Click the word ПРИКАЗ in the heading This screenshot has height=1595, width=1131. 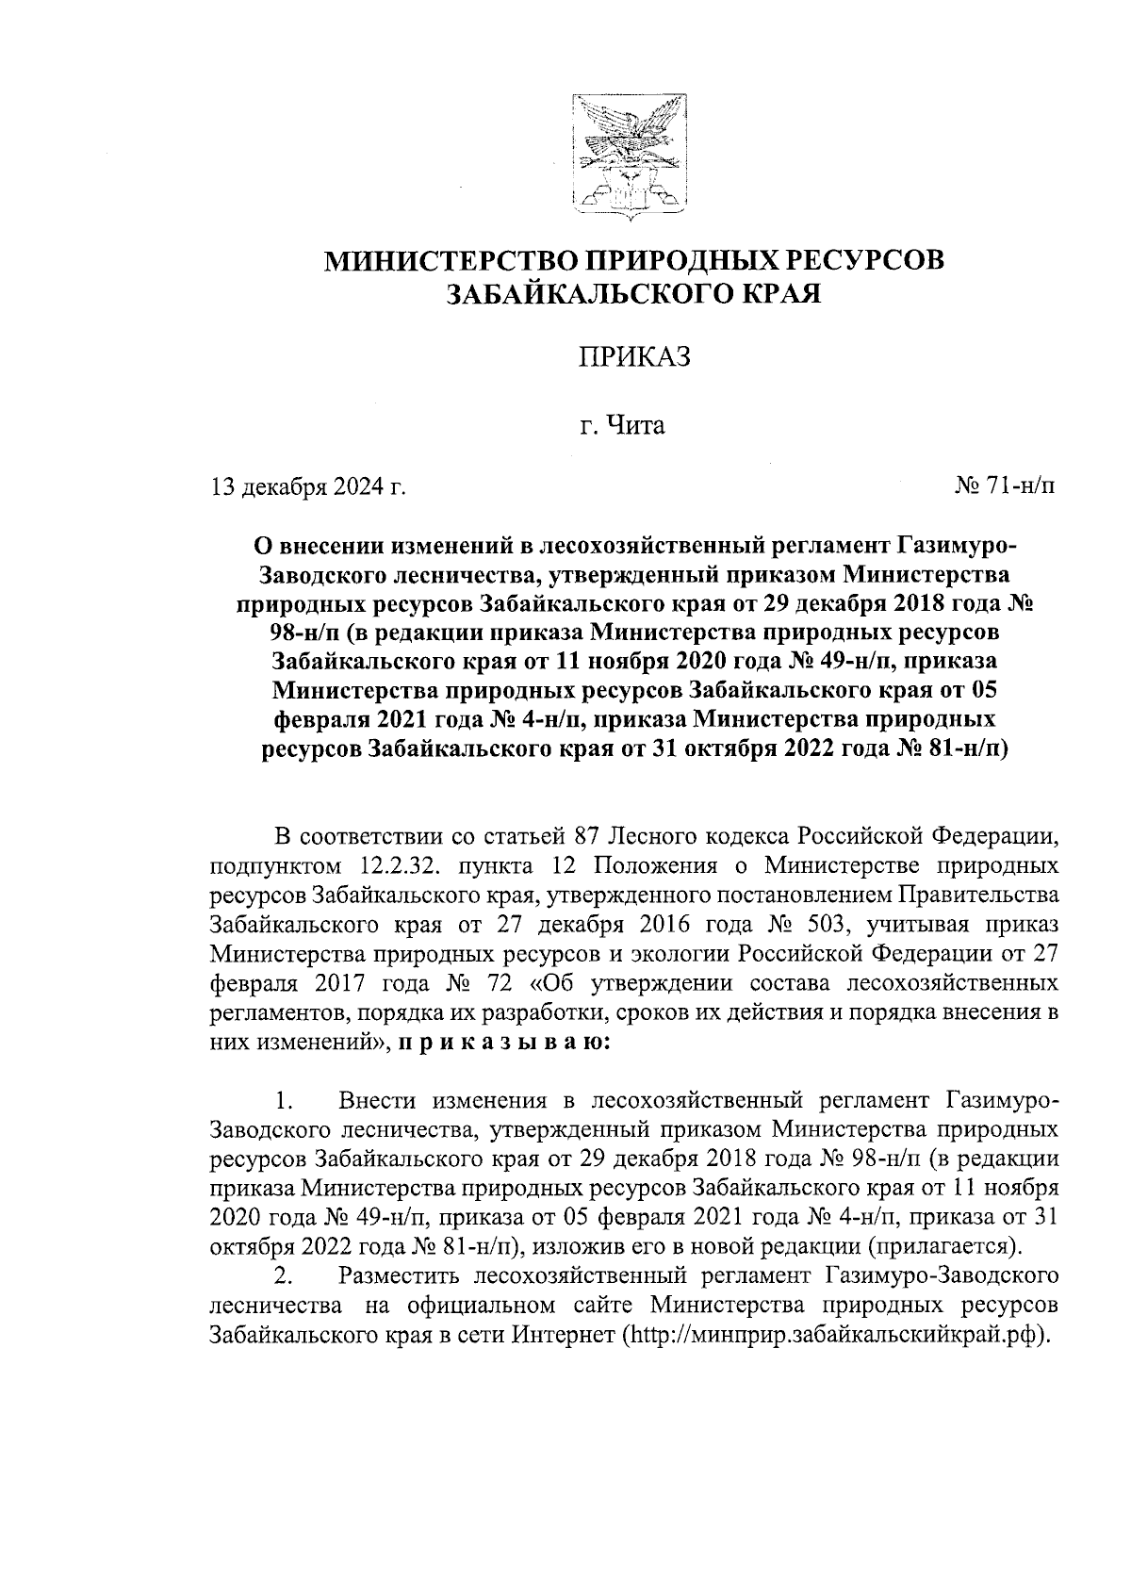pos(633,358)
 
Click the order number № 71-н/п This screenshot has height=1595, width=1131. pos(1006,486)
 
